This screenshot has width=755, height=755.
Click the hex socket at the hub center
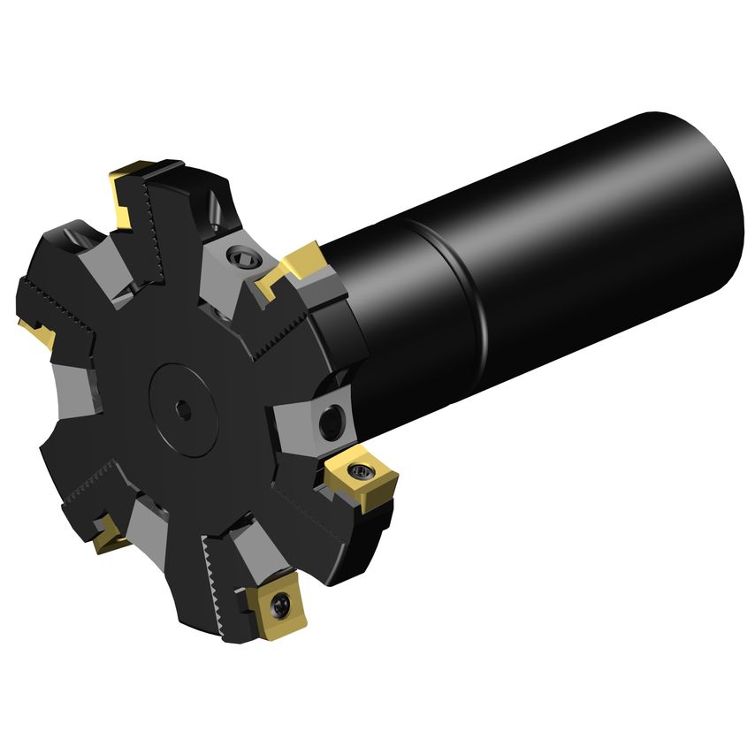click(x=182, y=408)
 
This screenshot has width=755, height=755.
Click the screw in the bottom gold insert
click(x=280, y=605)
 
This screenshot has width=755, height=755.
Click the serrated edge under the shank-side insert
click(x=283, y=332)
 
